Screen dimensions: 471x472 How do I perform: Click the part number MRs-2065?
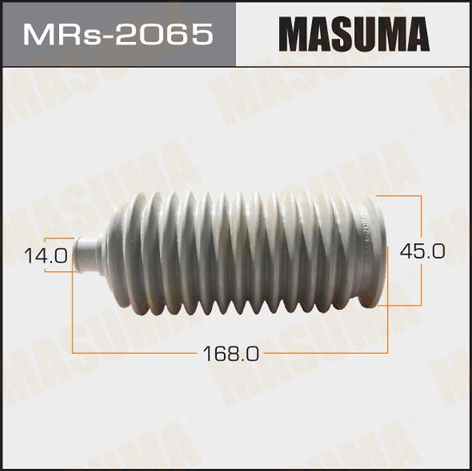point(117,34)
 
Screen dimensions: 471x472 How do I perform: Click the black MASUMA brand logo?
point(353,34)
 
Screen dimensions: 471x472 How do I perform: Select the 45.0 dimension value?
point(422,251)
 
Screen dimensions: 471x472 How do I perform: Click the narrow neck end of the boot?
point(88,255)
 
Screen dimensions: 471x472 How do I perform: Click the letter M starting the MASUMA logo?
point(293,34)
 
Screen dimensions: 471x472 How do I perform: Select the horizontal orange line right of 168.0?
point(324,354)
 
